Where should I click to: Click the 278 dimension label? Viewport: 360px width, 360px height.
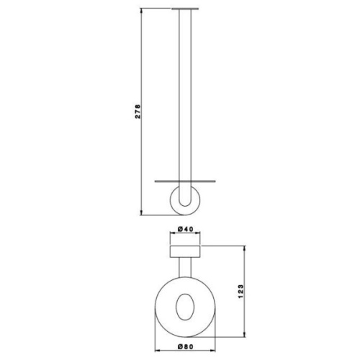click(x=138, y=112)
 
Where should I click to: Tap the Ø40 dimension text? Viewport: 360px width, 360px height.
click(x=185, y=229)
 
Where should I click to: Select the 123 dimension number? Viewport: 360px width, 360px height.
click(x=240, y=292)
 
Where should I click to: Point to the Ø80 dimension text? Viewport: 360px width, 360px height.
click(x=185, y=346)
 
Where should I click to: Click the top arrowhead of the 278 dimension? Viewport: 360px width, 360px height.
click(x=141, y=11)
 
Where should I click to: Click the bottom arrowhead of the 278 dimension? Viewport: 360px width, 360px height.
click(x=141, y=212)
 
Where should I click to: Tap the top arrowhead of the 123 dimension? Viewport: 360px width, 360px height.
click(x=245, y=248)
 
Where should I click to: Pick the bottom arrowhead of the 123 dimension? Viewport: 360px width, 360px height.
click(x=245, y=334)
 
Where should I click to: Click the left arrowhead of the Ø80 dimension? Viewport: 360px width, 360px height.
click(x=158, y=351)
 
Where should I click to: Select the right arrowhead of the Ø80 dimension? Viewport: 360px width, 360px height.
click(x=212, y=351)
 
